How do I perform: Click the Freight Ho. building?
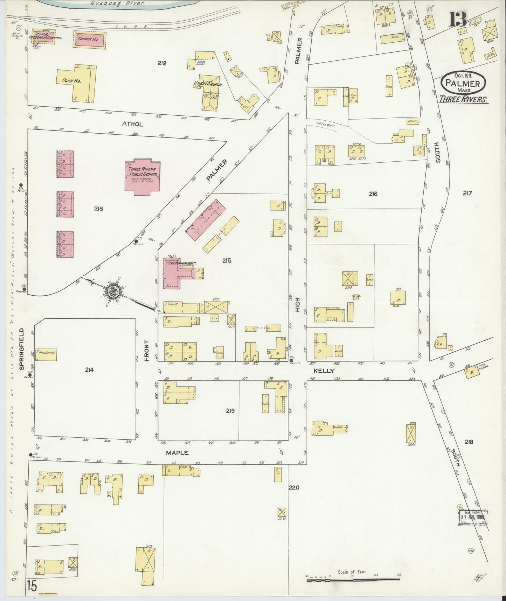pos(90,39)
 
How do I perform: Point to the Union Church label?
pos(206,84)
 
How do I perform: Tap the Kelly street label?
pos(324,371)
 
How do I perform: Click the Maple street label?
pos(177,453)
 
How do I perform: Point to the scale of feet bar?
pos(354,580)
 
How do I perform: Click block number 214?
pos(89,369)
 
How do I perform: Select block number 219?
pos(230,411)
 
